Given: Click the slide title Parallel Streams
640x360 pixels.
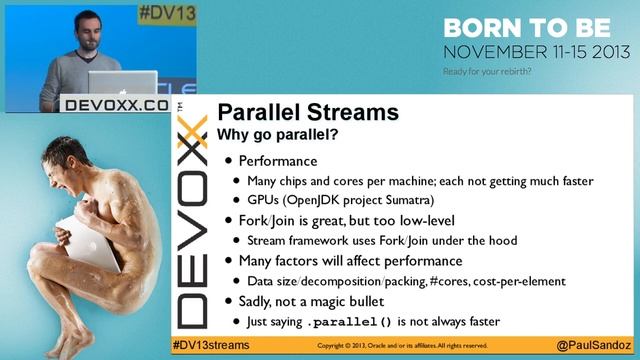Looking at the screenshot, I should pos(308,112).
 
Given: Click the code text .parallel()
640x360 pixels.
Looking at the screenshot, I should pos(351,322).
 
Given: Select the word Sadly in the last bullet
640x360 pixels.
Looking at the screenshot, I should pos(259,301).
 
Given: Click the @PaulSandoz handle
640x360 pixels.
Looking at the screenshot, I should pos(594,344).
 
